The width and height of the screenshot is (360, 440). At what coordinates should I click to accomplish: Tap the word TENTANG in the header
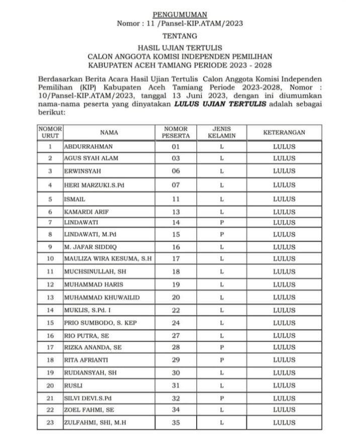pyautogui.click(x=179, y=36)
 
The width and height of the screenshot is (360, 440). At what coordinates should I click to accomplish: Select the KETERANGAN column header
pyautogui.click(x=284, y=133)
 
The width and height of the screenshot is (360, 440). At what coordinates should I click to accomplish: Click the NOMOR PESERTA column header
pyautogui.click(x=175, y=133)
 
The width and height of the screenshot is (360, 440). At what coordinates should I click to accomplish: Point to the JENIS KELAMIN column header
pyautogui.click(x=221, y=133)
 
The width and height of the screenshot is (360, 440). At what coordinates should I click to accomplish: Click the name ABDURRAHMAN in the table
pyautogui.click(x=88, y=147)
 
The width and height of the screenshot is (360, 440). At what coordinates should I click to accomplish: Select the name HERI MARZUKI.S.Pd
pyautogui.click(x=94, y=185)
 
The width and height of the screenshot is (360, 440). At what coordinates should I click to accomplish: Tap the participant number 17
pyautogui.click(x=175, y=259)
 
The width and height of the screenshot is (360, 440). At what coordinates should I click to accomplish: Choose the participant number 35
pyautogui.click(x=175, y=423)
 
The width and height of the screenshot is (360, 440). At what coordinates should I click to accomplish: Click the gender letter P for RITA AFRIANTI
pyautogui.click(x=221, y=361)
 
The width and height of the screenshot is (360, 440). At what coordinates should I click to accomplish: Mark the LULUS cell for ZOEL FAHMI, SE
pyautogui.click(x=284, y=410)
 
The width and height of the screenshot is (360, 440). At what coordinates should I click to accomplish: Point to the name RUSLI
pyautogui.click(x=72, y=385)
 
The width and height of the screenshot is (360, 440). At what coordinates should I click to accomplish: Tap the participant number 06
pyautogui.click(x=175, y=171)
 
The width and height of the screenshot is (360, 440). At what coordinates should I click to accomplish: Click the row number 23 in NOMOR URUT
pyautogui.click(x=50, y=423)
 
